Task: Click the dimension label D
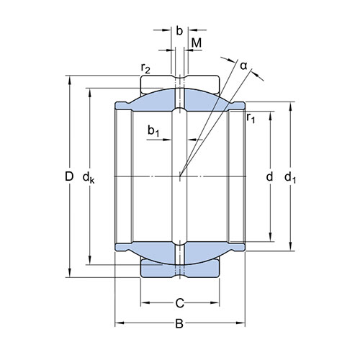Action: pos(69,177)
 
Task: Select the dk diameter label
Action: pos(89,178)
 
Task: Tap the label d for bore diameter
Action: pos(270,177)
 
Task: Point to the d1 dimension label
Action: pos(290,178)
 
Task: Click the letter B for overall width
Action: pos(179,323)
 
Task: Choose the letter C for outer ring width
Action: pos(179,303)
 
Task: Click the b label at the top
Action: pos(179,31)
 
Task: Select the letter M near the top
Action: pos(197,43)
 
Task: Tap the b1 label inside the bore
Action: pos(153,131)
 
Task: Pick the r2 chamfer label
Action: pos(145,68)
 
